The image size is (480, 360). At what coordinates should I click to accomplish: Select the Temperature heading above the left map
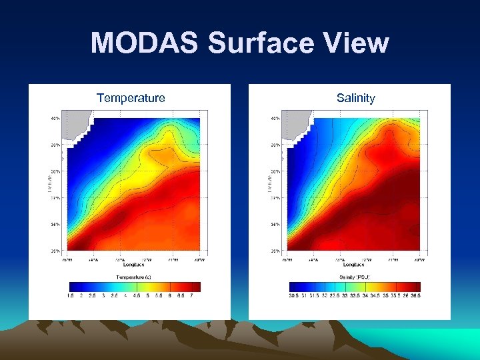click(x=131, y=98)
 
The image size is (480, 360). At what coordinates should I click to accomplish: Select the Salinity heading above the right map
click(x=356, y=98)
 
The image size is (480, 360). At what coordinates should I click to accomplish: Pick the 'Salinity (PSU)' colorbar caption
click(x=355, y=276)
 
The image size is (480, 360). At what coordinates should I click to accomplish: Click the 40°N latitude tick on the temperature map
click(x=55, y=119)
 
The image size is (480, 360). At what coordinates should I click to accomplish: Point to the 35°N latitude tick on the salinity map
click(x=275, y=251)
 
